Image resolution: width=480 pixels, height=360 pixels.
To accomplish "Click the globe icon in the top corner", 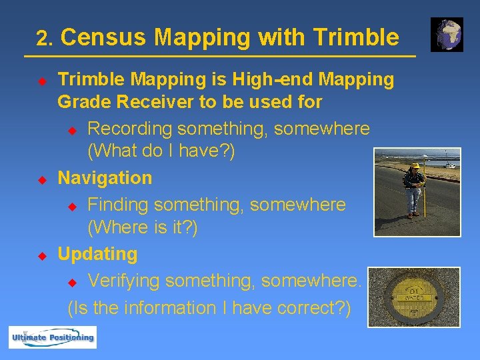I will tap(447, 35).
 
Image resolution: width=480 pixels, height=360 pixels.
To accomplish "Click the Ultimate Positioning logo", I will tap(52, 337).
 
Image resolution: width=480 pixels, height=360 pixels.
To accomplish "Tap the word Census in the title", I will tap(103, 37).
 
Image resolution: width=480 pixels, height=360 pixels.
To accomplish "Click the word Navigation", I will tap(105, 178).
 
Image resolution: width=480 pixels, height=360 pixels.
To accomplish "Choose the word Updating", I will tap(97, 254).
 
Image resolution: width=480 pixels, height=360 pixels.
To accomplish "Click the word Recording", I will tap(131, 127).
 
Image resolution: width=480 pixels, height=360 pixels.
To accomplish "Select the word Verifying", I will tap(124, 281).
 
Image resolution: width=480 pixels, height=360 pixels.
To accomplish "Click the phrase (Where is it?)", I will tap(143, 227).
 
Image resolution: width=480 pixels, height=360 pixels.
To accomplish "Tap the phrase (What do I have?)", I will tap(161, 151).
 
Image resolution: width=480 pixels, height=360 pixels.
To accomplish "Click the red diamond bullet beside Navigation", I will tap(41, 179).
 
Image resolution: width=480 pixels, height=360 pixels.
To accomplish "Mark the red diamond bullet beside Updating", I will tap(41, 255).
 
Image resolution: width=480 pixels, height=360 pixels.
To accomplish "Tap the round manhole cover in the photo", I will tap(414, 297).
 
